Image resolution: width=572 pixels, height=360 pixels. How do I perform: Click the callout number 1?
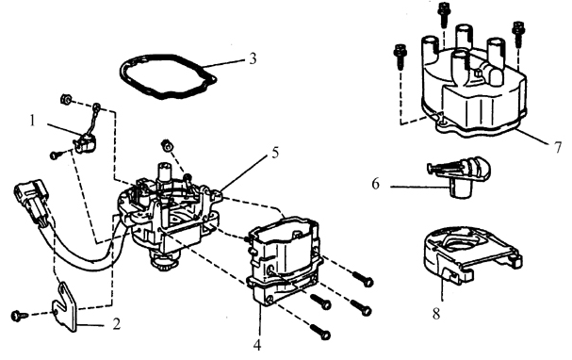click(x=32, y=121)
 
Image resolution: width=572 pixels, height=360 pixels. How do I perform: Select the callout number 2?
click(x=116, y=323)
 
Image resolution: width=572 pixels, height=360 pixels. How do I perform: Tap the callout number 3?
click(x=253, y=58)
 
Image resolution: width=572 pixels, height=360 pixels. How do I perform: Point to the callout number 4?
click(x=257, y=345)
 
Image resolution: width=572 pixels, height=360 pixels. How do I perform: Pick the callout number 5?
click(x=275, y=152)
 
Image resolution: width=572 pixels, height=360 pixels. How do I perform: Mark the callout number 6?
click(x=376, y=184)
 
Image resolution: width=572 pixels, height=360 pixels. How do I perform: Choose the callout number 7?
click(x=558, y=147)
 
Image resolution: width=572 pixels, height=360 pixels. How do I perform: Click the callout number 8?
click(x=436, y=314)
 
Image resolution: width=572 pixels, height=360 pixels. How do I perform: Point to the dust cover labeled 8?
click(x=470, y=255)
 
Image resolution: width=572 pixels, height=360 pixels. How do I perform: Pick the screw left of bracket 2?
click(x=19, y=316)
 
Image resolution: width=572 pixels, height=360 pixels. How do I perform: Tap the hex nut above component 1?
click(x=65, y=99)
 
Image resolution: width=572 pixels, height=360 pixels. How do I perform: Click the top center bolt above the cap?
click(x=443, y=14)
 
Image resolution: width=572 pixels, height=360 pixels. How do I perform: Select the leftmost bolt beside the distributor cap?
click(x=400, y=56)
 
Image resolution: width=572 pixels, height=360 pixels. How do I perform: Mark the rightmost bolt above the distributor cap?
click(x=518, y=34)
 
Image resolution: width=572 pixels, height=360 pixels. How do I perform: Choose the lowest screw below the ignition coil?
click(x=321, y=333)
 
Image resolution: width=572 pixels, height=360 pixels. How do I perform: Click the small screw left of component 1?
click(x=56, y=155)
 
